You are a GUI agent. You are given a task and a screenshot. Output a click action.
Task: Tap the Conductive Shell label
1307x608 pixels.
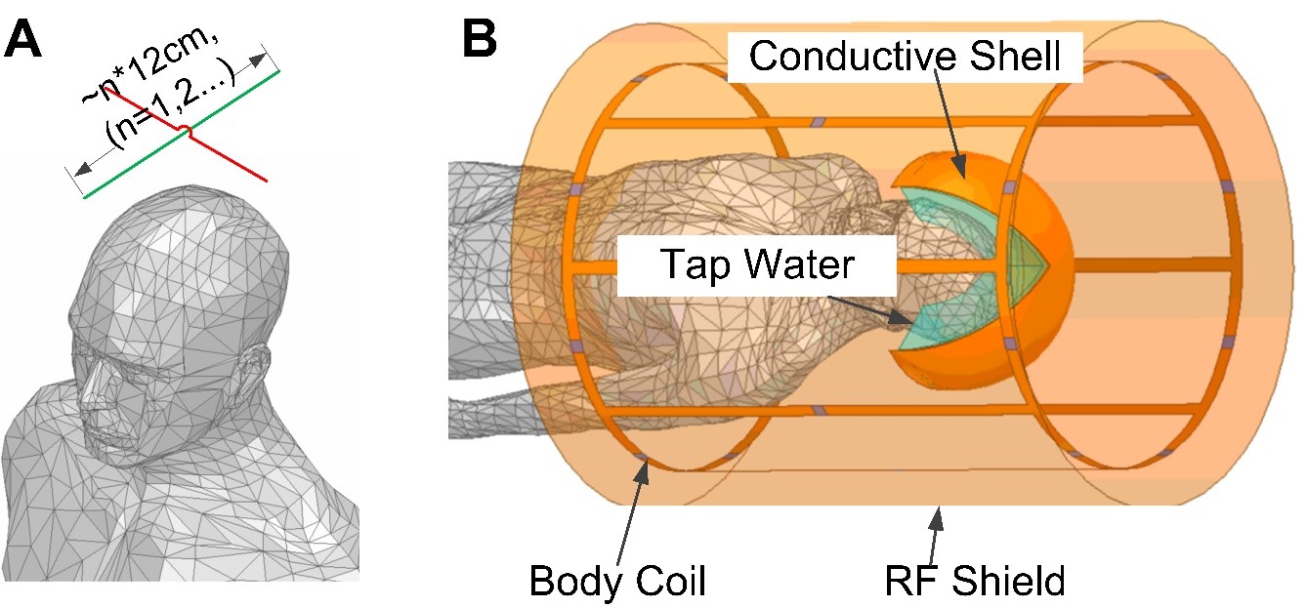[x=905, y=56]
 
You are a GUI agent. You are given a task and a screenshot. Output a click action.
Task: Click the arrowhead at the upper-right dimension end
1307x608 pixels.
[x=258, y=61]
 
